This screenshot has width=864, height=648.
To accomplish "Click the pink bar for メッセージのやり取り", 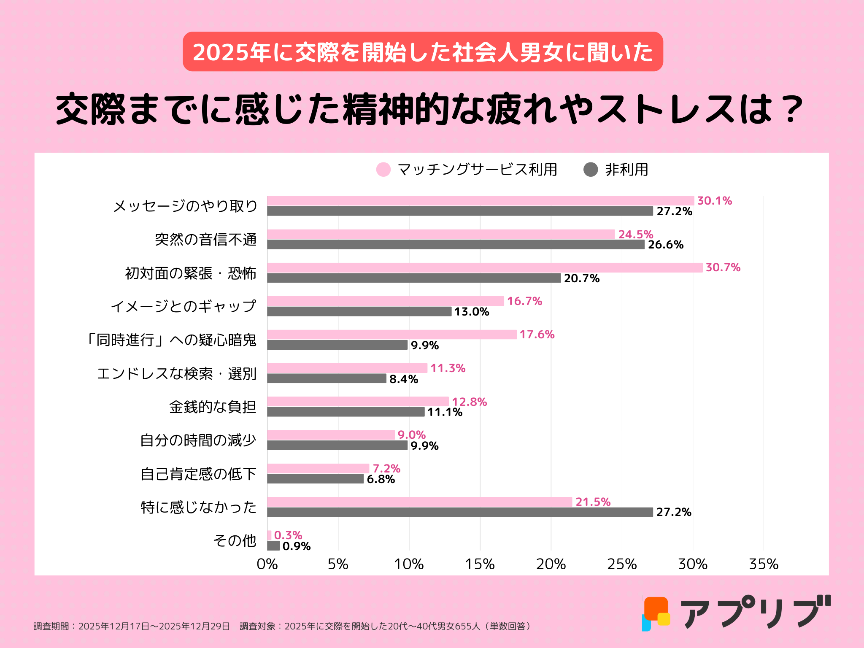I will coord(480,201).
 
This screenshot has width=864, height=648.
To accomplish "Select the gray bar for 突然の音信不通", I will coord(456,245).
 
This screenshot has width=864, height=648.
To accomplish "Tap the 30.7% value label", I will coord(723,267).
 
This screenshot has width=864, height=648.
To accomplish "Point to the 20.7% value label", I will coord(581,278).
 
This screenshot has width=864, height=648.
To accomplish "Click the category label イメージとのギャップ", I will coord(184,306).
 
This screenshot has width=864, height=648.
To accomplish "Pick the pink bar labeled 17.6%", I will coord(391,335).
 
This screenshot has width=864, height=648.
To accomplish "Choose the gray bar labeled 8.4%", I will coord(327,378).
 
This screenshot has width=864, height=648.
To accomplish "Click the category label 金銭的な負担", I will coord(213,407).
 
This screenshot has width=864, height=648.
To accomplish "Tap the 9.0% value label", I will coord(411,435).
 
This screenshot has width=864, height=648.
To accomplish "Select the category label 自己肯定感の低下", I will coord(198,474).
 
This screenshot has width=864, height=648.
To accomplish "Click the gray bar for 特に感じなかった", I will coord(460,512).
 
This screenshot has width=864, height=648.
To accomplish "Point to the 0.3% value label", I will coord(288,535).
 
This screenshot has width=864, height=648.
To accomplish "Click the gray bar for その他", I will coord(273,546).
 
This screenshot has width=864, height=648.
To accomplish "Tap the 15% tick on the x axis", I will coord(480,564).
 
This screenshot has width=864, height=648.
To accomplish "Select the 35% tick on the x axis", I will coord(763,564).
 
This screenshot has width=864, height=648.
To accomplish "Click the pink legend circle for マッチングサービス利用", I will coord(383,170).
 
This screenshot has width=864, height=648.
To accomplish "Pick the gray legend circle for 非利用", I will coord(591,170).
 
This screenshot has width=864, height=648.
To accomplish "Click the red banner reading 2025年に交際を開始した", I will coord(423,52).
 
